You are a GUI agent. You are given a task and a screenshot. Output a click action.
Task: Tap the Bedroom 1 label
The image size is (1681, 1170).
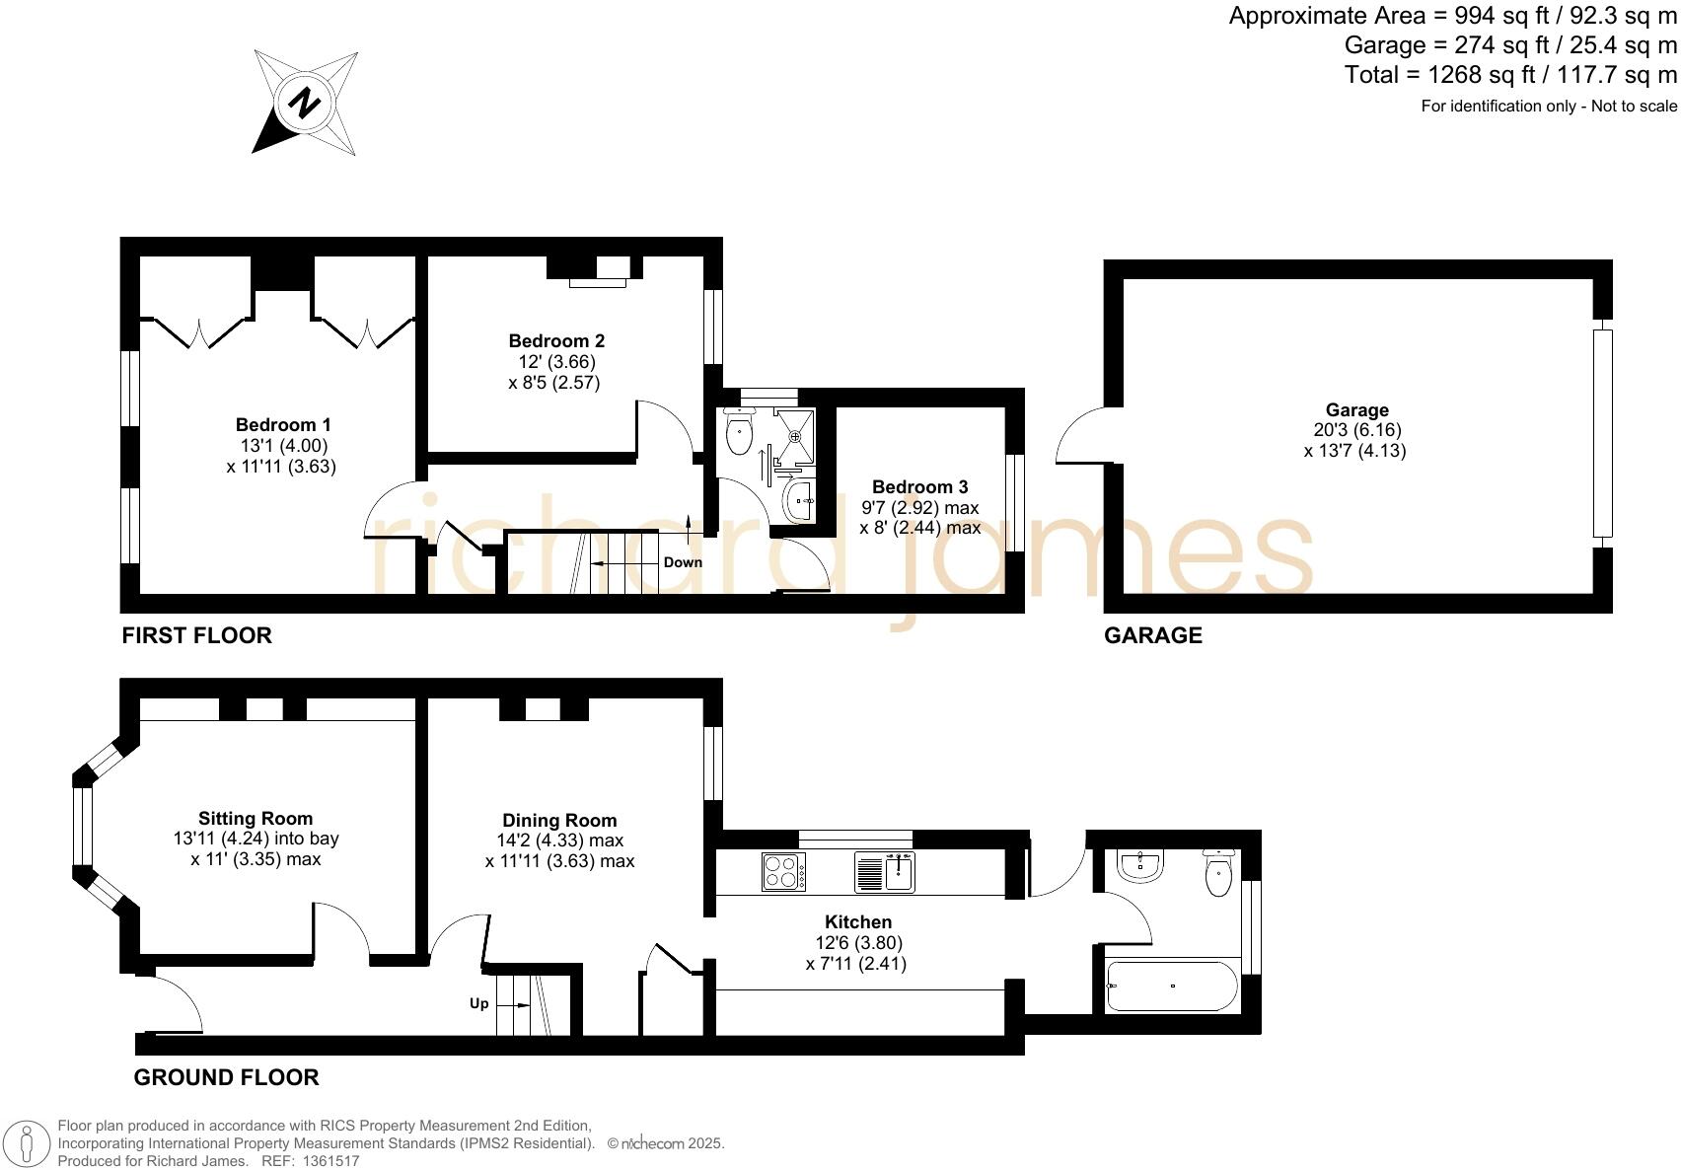click(x=283, y=425)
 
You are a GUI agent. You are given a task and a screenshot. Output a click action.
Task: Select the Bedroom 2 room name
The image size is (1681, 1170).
click(x=556, y=341)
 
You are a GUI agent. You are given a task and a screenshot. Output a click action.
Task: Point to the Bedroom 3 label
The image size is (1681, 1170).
click(x=919, y=487)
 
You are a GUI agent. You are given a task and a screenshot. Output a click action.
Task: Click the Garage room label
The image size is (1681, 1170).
click(x=1356, y=410)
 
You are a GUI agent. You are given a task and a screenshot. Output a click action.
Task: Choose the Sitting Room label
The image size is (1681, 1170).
click(x=256, y=819)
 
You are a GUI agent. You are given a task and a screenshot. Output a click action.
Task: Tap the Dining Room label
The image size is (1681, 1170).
click(x=559, y=821)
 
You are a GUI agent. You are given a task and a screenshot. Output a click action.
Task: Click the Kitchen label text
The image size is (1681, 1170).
click(x=857, y=922)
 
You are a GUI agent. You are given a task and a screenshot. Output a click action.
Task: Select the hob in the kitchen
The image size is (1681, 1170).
click(x=783, y=872)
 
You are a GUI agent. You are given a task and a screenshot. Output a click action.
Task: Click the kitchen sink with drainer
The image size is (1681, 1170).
click(x=885, y=872)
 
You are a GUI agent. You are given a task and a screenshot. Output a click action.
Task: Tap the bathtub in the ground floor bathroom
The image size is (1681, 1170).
click(x=1172, y=987)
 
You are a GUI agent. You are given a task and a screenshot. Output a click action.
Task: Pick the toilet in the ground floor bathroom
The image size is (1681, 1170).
click(x=1220, y=873)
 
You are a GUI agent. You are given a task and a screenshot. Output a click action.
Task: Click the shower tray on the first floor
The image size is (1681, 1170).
click(x=795, y=435)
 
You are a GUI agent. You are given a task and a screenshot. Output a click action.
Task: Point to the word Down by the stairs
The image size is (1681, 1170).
click(x=683, y=562)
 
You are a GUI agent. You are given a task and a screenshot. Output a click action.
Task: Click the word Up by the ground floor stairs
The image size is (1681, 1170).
click(x=478, y=1004)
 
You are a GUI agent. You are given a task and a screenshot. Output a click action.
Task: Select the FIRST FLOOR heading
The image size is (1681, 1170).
click(x=196, y=635)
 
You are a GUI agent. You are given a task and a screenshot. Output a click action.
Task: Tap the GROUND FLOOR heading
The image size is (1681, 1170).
click(x=226, y=1077)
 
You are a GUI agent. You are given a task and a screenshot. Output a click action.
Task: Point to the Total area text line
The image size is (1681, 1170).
click(x=1509, y=75)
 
